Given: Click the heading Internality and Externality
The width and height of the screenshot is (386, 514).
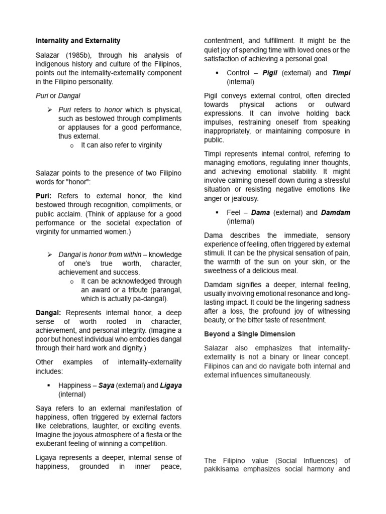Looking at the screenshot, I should coord(78,41).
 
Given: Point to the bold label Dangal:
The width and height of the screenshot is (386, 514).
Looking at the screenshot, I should coord(48,312).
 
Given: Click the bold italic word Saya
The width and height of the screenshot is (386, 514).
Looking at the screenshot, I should coord(106,385).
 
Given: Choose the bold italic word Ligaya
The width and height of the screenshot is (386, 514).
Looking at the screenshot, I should coord(171,385).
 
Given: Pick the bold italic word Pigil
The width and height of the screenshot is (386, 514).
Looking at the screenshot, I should coord(269,73).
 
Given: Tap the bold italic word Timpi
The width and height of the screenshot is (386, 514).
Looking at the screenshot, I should coord(341,73).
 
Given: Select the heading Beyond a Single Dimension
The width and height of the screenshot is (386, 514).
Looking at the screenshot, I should coord(250,334).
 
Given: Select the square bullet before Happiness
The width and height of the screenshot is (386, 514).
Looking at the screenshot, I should coord(49,385).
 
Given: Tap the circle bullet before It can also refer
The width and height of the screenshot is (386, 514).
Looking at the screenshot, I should coord(72,146).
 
